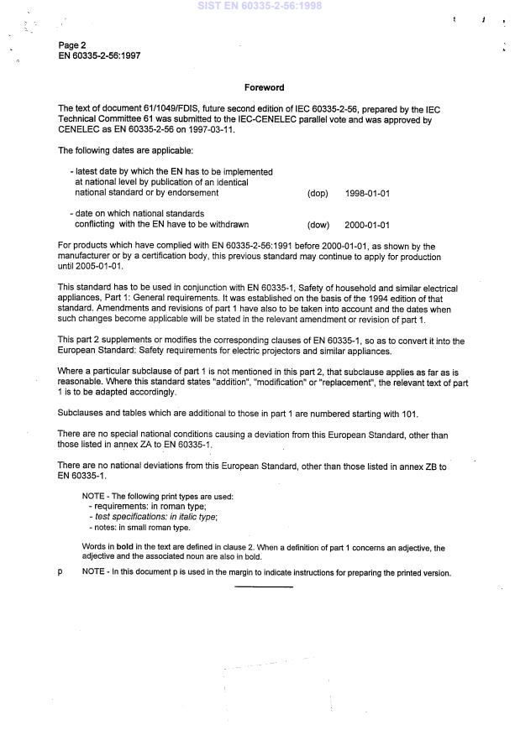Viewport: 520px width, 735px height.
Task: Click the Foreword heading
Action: coord(264,87)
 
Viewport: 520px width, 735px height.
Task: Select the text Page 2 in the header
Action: coord(72,44)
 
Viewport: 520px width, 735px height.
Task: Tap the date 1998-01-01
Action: coord(367,194)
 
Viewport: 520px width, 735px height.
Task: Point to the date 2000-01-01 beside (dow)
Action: coord(367,225)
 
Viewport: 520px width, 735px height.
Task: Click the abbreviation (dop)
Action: coord(318,194)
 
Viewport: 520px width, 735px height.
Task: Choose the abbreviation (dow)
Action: coord(318,225)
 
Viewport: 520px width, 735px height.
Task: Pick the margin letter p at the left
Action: coord(60,573)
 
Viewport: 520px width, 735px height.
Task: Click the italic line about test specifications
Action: coord(155,517)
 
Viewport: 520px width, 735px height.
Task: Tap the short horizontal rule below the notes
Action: coord(264,587)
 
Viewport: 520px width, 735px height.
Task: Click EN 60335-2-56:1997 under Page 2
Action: coord(99,55)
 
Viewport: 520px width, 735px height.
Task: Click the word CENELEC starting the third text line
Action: coord(79,131)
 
